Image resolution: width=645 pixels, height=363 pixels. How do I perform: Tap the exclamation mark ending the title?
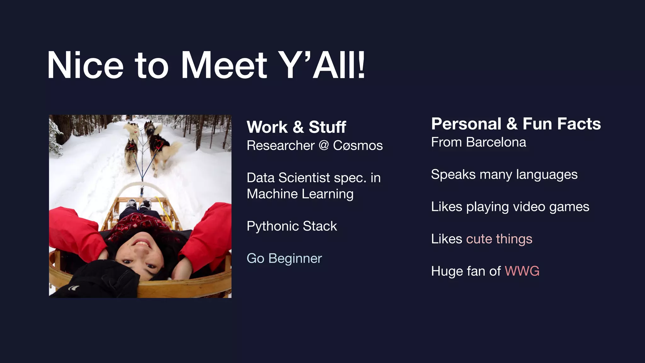361,65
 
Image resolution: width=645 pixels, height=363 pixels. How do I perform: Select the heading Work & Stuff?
296,127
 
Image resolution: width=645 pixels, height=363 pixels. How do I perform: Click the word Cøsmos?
358,146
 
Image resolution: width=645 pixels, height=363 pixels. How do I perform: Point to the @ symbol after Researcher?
324,146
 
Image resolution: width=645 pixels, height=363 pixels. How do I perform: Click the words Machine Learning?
300,194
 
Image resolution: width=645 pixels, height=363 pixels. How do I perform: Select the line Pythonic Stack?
292,226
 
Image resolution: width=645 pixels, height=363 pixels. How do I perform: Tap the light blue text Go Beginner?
284,258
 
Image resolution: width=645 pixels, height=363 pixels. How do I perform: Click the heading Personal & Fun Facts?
516,124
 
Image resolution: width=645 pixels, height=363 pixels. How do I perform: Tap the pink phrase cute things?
499,239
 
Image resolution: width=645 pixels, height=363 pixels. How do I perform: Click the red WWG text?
522,271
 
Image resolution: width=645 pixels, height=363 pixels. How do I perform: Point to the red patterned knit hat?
139,225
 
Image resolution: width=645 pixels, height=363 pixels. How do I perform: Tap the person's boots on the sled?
139,204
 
